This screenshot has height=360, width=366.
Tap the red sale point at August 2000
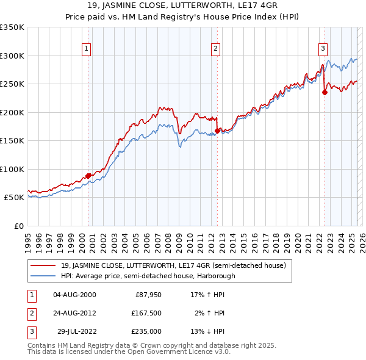point(88,176)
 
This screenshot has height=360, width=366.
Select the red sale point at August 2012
point(217,131)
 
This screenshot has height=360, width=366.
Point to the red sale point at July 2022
point(325,92)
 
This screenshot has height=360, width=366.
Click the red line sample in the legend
point(43,265)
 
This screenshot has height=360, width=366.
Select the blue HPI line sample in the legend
point(43,275)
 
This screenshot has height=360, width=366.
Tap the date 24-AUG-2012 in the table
point(74,313)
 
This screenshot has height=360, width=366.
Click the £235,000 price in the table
point(147,331)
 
